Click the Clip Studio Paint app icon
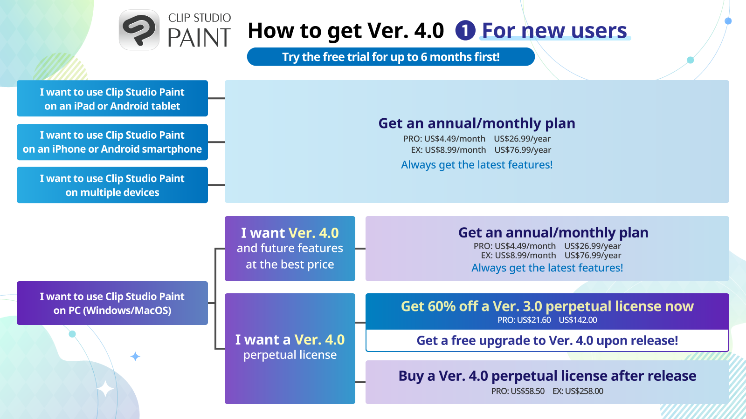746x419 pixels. click(x=139, y=30)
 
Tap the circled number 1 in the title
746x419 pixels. click(x=465, y=31)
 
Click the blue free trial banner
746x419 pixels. click(x=391, y=57)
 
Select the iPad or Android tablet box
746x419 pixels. click(x=112, y=98)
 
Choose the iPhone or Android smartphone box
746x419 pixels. click(x=112, y=142)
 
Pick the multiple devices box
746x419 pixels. click(x=112, y=185)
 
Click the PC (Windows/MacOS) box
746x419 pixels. click(x=112, y=303)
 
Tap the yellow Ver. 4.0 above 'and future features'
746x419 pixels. click(x=313, y=233)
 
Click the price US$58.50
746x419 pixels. click(x=527, y=391)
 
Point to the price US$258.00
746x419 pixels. click(x=584, y=391)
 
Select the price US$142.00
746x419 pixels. click(x=578, y=320)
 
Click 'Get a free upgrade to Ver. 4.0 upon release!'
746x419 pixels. click(x=547, y=340)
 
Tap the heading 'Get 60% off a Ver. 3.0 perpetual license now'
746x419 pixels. click(x=547, y=306)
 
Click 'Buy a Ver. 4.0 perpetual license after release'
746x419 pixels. click(x=547, y=376)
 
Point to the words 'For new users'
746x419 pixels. click(x=554, y=31)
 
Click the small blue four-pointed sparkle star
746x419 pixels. click(x=135, y=357)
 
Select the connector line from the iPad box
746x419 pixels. click(x=216, y=98)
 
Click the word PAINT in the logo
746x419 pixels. click(x=199, y=37)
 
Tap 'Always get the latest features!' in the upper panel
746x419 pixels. click(x=477, y=165)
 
